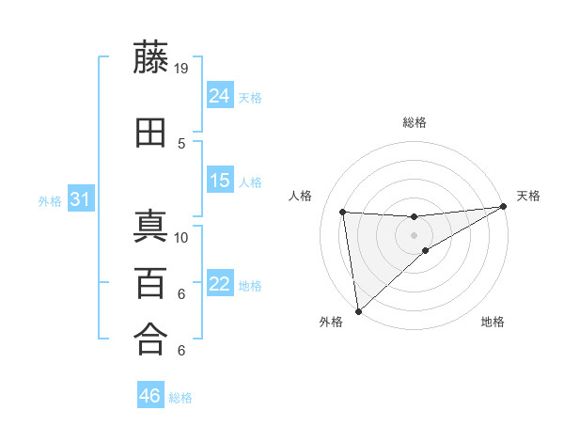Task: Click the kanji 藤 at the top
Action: (151, 58)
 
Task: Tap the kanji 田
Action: (151, 134)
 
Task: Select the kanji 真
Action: (151, 228)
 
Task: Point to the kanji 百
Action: (151, 283)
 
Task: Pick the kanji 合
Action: (151, 339)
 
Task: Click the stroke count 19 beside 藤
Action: (181, 68)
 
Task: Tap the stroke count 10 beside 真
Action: (181, 237)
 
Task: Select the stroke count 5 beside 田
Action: (181, 143)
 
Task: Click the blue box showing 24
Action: (220, 96)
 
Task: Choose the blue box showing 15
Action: (220, 181)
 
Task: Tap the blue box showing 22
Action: (220, 284)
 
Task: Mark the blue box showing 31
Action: (80, 199)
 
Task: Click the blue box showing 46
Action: (150, 396)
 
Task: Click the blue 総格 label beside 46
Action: (180, 398)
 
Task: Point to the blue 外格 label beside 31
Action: (50, 200)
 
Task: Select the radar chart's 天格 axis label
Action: (528, 196)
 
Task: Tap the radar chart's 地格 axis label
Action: (493, 322)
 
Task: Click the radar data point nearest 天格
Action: (503, 207)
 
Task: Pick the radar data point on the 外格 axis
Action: (357, 310)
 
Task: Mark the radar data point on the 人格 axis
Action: (343, 212)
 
